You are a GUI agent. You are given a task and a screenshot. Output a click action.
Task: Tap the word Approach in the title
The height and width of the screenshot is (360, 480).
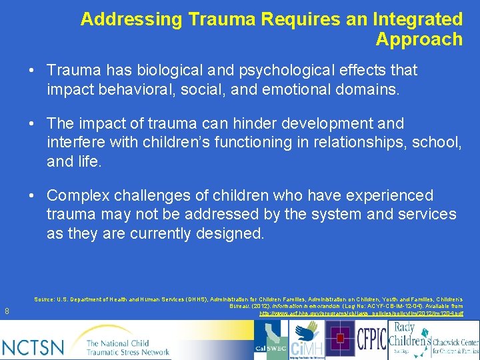coord(419,39)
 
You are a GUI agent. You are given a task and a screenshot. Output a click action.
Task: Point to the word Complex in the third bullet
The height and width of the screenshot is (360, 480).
coord(75,196)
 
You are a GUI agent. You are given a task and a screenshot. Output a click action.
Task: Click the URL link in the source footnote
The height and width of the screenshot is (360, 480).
coord(361,313)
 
